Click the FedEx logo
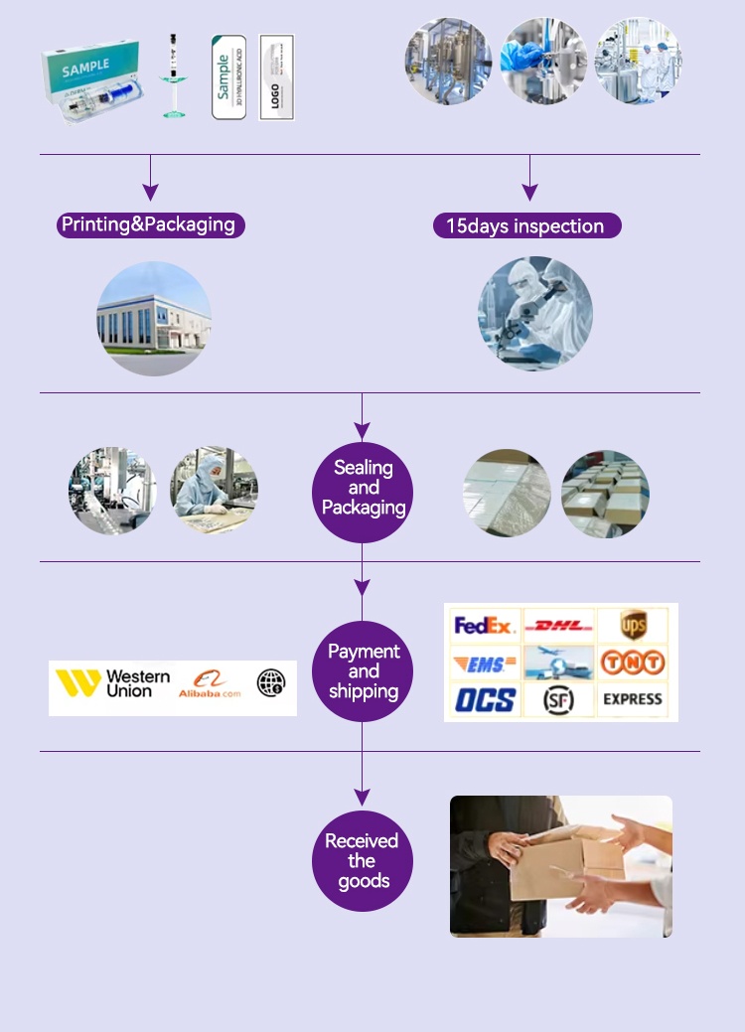pos(484,626)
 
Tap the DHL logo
pos(559,626)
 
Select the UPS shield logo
pos(633,625)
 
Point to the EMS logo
pos(484,663)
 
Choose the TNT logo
pos(633,663)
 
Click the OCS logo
pos(485,699)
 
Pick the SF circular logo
pos(559,700)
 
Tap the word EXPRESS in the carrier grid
pos(633,699)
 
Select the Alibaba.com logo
pos(209,683)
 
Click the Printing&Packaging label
pos(149,224)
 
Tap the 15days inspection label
pos(526,226)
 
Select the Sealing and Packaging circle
pos(364,489)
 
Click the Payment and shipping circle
pos(364,671)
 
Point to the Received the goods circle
pos(364,861)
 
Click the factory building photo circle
pos(154,319)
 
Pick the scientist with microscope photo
pos(535,314)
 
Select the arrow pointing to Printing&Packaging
pos(150,184)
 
